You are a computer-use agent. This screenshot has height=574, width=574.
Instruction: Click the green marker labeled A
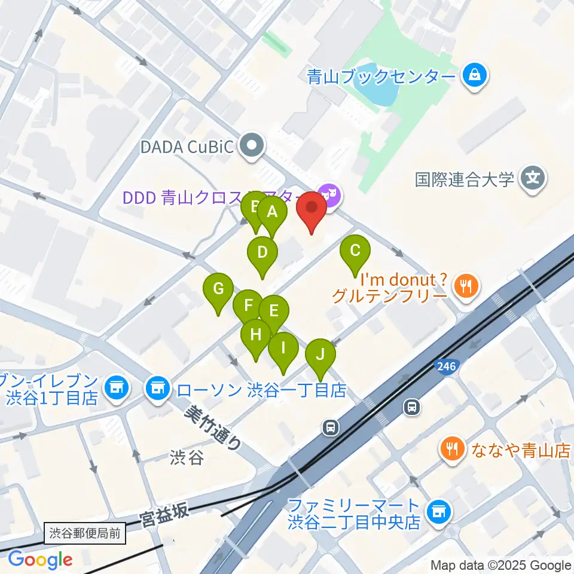(x=272, y=212)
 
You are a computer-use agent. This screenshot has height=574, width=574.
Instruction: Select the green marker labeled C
(x=355, y=251)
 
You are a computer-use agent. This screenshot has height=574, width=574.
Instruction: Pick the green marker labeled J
(x=320, y=355)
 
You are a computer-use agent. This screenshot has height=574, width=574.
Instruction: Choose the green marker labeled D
(x=262, y=252)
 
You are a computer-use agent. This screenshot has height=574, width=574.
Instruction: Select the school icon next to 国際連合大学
(x=532, y=179)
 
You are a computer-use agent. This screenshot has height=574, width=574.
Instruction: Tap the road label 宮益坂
(x=165, y=514)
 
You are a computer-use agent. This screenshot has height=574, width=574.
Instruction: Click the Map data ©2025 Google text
(x=500, y=565)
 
